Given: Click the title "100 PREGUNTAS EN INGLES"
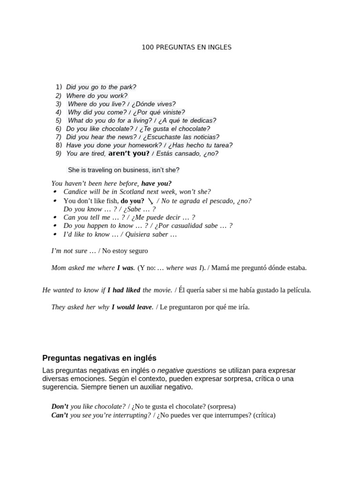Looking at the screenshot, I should coord(187,47).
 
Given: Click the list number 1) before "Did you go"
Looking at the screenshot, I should coord(59,87).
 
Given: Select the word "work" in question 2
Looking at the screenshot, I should coord(119,96).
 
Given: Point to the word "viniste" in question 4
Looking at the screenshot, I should coord(173,112).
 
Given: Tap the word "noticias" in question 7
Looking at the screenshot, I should coord(205,137).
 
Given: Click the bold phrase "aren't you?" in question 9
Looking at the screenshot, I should coord(129,153).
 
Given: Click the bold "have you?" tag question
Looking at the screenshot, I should coord(156,183).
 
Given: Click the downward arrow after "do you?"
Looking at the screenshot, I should coord(150,201).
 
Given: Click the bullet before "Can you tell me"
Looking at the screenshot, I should coord(55,217).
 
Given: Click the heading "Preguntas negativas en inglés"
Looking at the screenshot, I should coord(99,358).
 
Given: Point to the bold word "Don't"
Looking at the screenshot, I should coord(60,406).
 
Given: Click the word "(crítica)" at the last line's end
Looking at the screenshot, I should coord(264,415).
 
